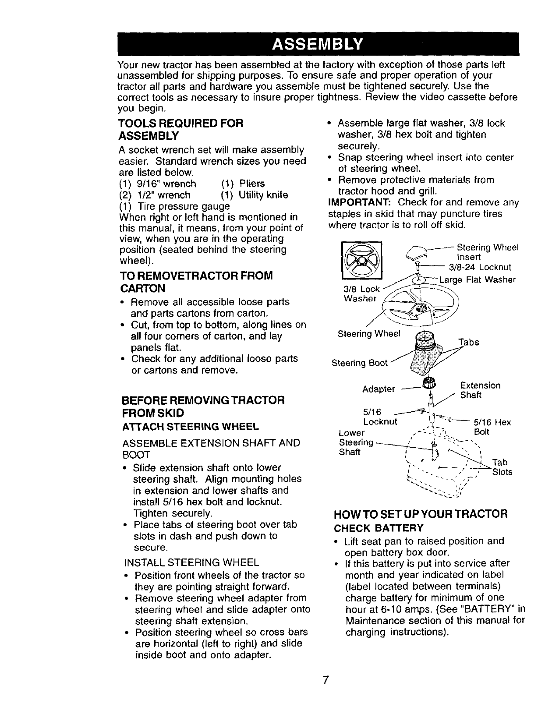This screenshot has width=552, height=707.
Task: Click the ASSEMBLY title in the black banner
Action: (x=318, y=45)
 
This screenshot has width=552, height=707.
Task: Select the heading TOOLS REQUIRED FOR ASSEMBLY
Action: (x=181, y=129)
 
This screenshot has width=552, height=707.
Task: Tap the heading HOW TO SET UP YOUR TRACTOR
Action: (x=421, y=513)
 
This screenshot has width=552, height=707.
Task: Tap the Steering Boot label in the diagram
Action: (x=359, y=363)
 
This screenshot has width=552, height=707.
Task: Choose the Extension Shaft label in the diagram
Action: (x=480, y=390)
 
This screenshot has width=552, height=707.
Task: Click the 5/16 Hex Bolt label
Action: (x=486, y=427)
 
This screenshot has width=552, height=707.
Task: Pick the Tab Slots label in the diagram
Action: (x=502, y=467)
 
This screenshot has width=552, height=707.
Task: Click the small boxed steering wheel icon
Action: (x=362, y=261)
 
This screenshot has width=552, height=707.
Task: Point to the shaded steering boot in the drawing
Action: (x=422, y=354)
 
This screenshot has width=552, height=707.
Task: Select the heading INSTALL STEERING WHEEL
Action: (x=192, y=562)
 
